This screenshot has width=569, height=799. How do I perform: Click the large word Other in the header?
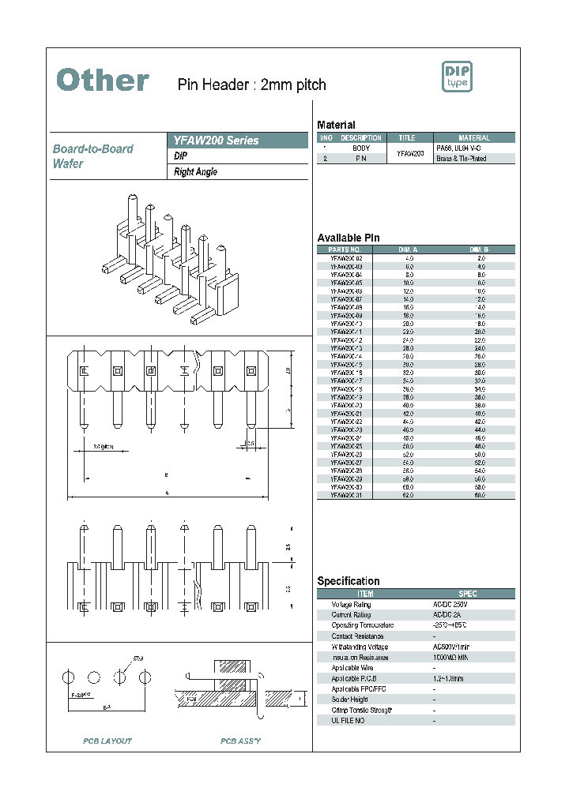coord(103,81)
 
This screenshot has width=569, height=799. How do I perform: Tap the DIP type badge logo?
coord(456,77)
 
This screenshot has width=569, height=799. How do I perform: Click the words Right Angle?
coord(195,172)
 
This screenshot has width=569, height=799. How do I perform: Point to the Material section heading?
coord(336,125)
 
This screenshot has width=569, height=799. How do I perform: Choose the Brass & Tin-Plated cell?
coord(462,159)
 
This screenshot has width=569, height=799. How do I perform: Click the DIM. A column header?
coord(409,249)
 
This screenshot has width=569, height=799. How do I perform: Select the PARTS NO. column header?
coord(345,249)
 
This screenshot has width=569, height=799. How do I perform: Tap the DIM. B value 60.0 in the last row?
coord(480,495)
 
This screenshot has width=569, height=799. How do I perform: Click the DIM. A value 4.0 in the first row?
coord(409,258)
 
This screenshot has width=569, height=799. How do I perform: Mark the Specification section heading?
coord(349,581)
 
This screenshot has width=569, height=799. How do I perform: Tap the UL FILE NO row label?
coord(349,720)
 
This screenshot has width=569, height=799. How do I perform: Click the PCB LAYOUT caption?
coord(107,741)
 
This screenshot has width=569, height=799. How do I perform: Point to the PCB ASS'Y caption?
coord(240,741)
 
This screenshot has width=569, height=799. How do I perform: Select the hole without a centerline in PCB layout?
coord(95,677)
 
